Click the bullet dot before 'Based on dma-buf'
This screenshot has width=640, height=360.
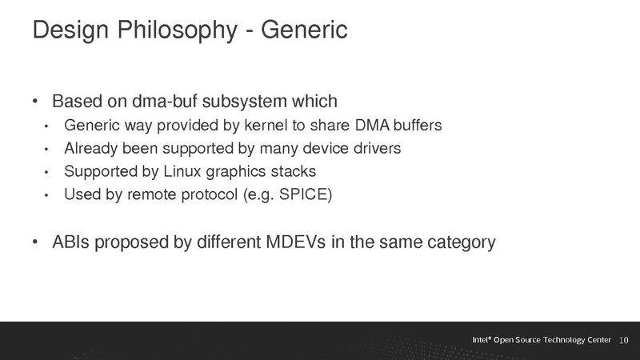pos(35,103)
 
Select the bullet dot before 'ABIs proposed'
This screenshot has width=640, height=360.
pos(35,242)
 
